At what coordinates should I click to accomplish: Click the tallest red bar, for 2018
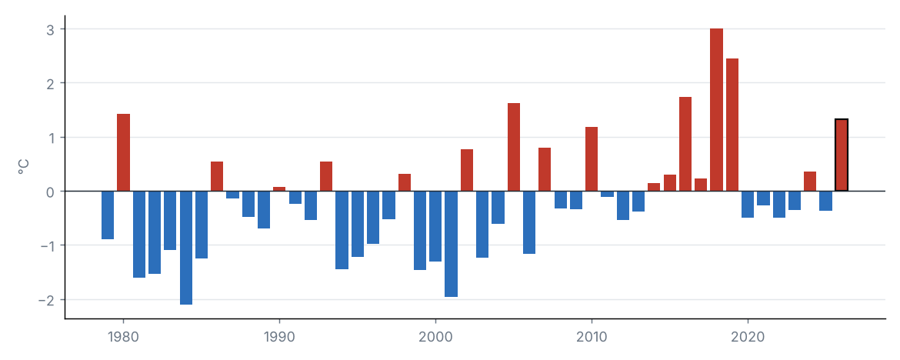pos(716,110)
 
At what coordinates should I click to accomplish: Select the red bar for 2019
pos(732,125)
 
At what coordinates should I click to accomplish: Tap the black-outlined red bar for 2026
pos(841,155)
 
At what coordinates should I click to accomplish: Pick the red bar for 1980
pos(123,153)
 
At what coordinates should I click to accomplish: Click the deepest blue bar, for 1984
pos(186,248)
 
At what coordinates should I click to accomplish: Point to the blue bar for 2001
pos(451,243)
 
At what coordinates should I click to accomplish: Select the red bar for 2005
pos(514,147)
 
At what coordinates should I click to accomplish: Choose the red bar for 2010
pos(592,159)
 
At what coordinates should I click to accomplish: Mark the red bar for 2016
pos(685,144)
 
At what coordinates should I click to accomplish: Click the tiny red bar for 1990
pos(279,189)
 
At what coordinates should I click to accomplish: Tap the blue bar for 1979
pos(108,215)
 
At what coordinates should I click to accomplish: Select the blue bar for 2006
pos(529,222)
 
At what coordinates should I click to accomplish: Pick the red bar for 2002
pos(467,170)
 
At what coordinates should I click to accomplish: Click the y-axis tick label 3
pos(51,29)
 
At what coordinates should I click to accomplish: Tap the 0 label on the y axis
pos(51,192)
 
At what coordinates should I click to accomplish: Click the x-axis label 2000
pos(435,337)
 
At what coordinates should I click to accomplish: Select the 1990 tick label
pos(279,337)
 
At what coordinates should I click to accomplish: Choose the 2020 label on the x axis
pos(748,337)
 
